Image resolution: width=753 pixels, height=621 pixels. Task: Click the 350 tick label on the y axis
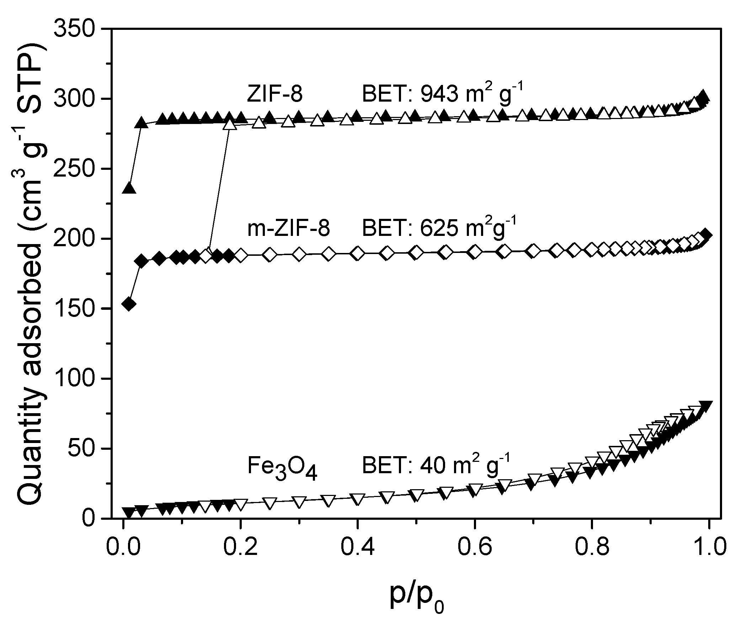75,29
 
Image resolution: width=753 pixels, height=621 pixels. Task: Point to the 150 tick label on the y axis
75,309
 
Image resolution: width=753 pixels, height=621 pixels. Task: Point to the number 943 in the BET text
439,94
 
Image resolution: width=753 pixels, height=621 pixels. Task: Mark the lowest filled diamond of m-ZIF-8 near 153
129,304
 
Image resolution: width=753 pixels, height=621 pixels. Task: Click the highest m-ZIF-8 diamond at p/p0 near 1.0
706,235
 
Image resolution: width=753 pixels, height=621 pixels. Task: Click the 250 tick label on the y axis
75,168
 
